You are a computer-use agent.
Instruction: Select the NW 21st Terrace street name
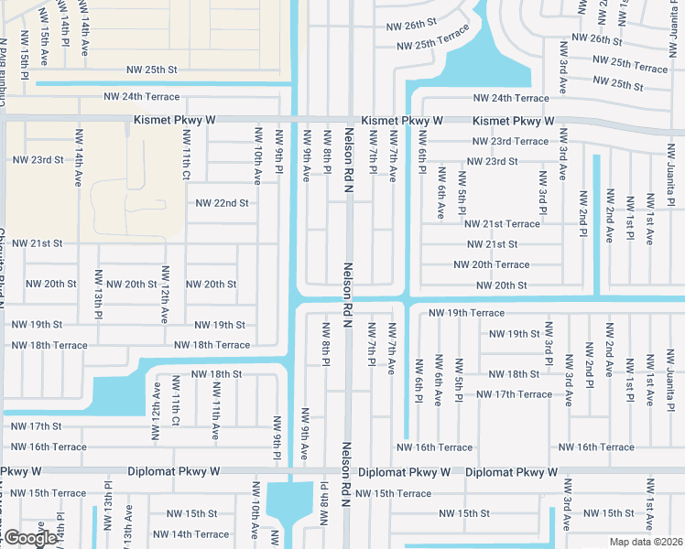[502, 224]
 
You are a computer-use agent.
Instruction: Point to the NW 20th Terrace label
[492, 265]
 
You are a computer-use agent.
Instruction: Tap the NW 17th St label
[37, 426]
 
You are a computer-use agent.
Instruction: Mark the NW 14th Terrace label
[190, 534]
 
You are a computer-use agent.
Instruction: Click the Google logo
[29, 538]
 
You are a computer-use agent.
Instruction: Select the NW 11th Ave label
[216, 408]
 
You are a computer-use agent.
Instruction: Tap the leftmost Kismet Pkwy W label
[174, 120]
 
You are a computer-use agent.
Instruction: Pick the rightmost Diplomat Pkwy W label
[511, 473]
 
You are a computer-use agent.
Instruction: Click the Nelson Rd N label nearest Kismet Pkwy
[348, 155]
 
